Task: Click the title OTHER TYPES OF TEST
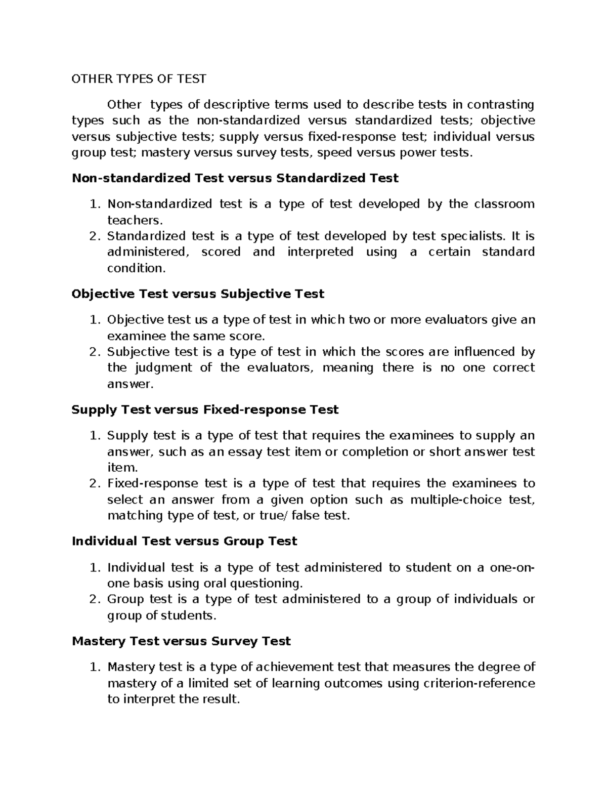pos(139,78)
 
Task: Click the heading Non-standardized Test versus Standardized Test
pos(235,178)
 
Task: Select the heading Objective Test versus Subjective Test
pos(198,294)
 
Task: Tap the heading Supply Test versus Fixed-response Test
pos(205,409)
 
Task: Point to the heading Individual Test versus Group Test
pos(184,542)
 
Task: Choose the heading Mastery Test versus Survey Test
pos(181,641)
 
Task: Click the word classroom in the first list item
pos(504,204)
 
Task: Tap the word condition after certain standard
pos(136,268)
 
